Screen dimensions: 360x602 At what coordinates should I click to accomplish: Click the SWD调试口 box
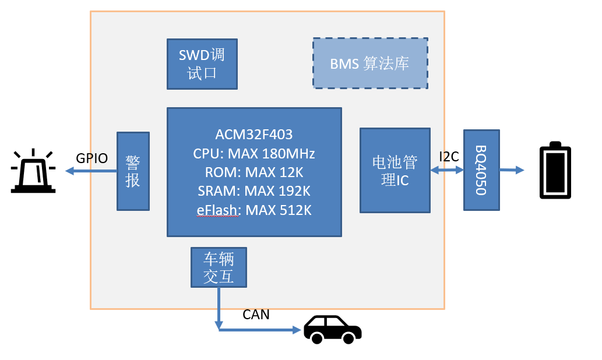pyautogui.click(x=202, y=64)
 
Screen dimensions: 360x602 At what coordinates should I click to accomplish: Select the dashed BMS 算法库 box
pyautogui.click(x=370, y=63)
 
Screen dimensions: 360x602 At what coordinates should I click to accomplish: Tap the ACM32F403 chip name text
pyautogui.click(x=254, y=135)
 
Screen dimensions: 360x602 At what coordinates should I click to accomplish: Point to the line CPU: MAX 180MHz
pyautogui.click(x=254, y=154)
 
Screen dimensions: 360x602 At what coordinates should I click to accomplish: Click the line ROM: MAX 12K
pyautogui.click(x=254, y=172)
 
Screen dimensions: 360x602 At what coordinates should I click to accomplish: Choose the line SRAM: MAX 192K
pyautogui.click(x=254, y=191)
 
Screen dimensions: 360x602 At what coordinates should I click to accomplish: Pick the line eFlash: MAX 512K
pyautogui.click(x=254, y=210)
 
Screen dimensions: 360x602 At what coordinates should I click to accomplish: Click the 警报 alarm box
pyautogui.click(x=133, y=171)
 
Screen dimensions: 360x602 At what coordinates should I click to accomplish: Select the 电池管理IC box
pyautogui.click(x=395, y=170)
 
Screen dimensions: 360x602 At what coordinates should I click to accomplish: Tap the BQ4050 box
pyautogui.click(x=481, y=170)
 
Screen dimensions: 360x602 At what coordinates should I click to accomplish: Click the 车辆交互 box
pyautogui.click(x=219, y=267)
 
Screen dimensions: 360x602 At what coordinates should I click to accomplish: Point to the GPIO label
pyautogui.click(x=92, y=158)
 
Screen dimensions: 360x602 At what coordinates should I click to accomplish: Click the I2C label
pyautogui.click(x=449, y=156)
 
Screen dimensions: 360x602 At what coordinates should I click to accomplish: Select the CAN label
pyautogui.click(x=256, y=315)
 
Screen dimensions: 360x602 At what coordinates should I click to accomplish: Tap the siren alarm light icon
pyautogui.click(x=34, y=171)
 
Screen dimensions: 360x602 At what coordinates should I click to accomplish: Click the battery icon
pyautogui.click(x=555, y=171)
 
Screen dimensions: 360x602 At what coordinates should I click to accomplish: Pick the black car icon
pyautogui.click(x=332, y=329)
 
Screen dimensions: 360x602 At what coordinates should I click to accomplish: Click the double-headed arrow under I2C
pyautogui.click(x=447, y=170)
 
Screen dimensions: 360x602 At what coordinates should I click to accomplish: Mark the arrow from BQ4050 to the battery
pyautogui.click(x=511, y=170)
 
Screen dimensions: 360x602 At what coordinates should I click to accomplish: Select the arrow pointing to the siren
pyautogui.click(x=91, y=171)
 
